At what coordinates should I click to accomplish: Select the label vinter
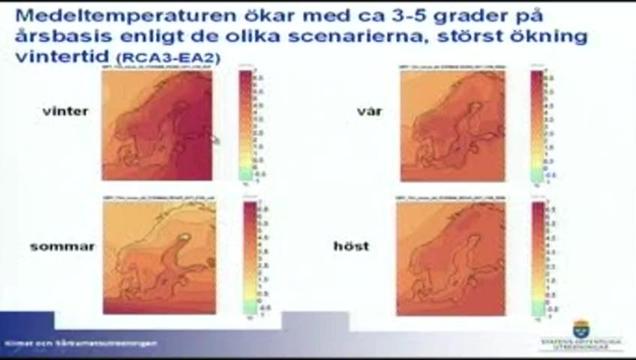click(x=66, y=111)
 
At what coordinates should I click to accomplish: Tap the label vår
click(x=370, y=111)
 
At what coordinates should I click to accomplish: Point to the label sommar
click(x=62, y=246)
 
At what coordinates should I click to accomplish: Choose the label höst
click(x=352, y=246)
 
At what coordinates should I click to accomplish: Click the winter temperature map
click(x=157, y=124)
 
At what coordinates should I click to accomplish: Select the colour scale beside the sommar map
click(x=250, y=259)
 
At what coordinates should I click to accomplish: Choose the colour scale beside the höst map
click(x=538, y=259)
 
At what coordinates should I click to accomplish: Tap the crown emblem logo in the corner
click(x=580, y=328)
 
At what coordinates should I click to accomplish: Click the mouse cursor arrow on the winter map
click(x=215, y=139)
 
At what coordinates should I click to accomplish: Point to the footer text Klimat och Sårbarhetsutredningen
click(x=81, y=343)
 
